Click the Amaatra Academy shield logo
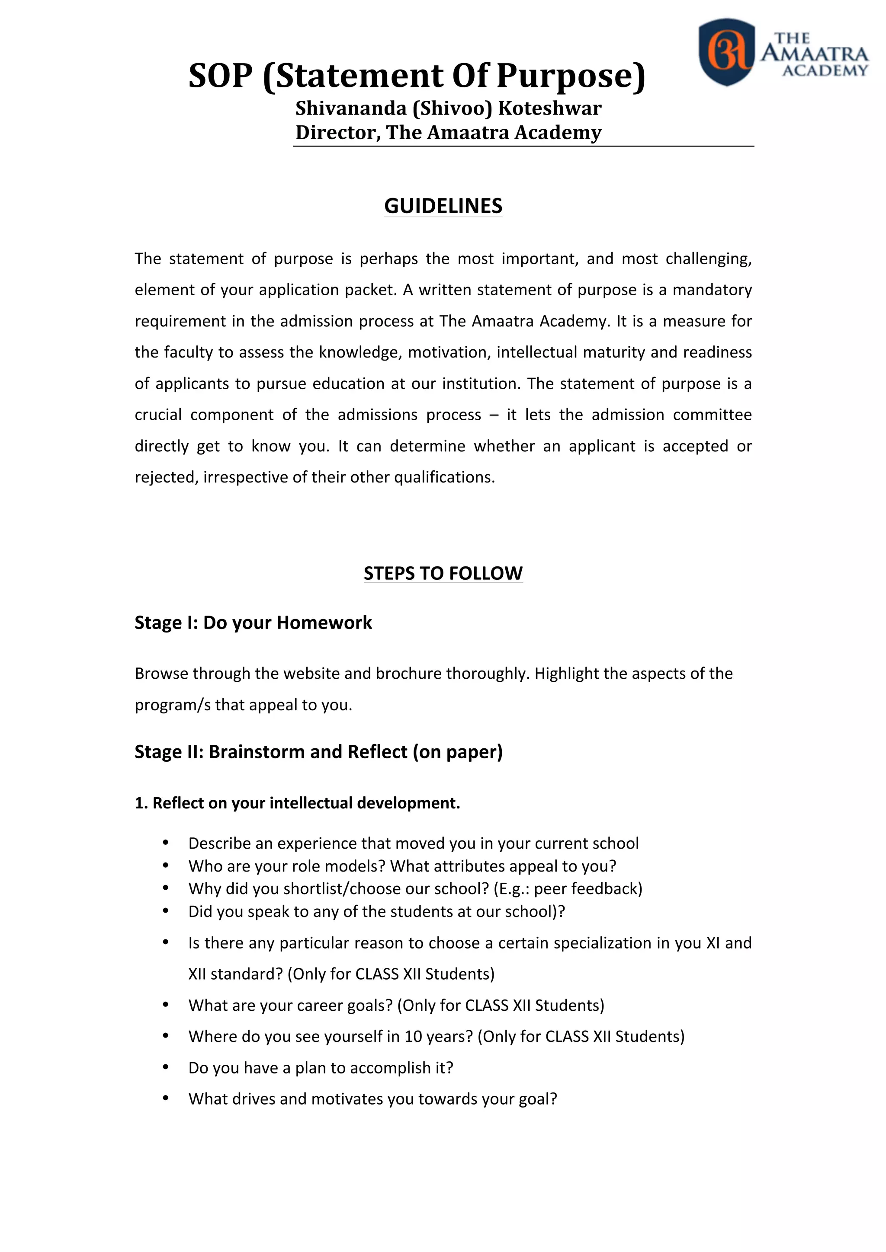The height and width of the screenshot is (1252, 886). coord(727,52)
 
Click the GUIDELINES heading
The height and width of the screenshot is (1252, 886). coord(443,206)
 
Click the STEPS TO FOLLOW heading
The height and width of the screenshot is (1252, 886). coord(443,573)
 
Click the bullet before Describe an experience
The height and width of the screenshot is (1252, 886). coord(165,843)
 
